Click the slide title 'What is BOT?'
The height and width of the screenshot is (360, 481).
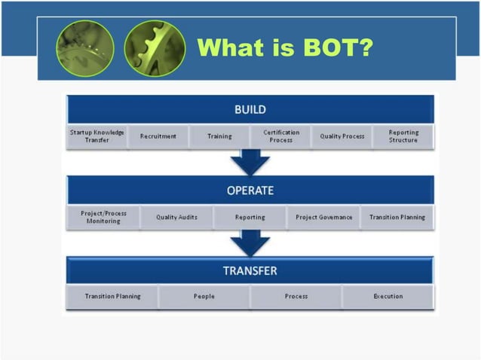[285, 48]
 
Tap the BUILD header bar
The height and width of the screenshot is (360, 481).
[250, 110]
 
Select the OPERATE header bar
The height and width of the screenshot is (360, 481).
[250, 191]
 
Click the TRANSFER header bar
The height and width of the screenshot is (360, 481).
[250, 270]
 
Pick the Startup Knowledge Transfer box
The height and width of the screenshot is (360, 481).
[97, 136]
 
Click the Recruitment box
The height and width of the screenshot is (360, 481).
[158, 136]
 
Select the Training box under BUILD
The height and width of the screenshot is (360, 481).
[219, 136]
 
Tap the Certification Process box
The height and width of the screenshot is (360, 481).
[280, 136]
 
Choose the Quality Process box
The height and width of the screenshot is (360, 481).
[342, 136]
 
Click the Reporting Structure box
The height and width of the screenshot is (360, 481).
[403, 136]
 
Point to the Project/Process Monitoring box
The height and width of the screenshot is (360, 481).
[103, 217]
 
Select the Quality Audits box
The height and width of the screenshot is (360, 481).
[176, 217]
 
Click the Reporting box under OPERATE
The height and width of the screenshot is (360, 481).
[250, 217]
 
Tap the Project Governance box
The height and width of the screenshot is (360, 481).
[323, 217]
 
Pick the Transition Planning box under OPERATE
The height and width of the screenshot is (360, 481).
[397, 217]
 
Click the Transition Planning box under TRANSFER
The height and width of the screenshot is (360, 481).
[112, 297]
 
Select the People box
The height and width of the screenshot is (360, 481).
[204, 297]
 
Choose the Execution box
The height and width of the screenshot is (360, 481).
[388, 297]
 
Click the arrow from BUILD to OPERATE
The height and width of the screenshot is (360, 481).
[250, 162]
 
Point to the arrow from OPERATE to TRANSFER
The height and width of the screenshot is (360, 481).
[250, 243]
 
